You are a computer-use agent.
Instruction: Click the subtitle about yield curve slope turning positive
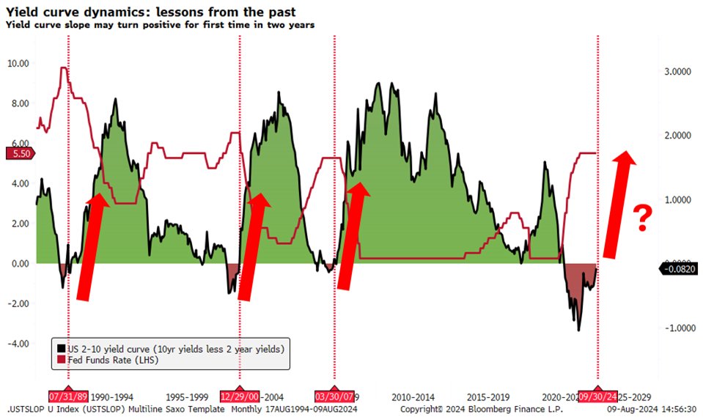point(160,25)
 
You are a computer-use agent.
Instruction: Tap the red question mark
point(643,218)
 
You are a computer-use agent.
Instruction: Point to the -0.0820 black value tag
point(681,270)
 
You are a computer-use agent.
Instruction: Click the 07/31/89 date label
point(67,394)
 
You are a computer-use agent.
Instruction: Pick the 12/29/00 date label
point(240,394)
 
